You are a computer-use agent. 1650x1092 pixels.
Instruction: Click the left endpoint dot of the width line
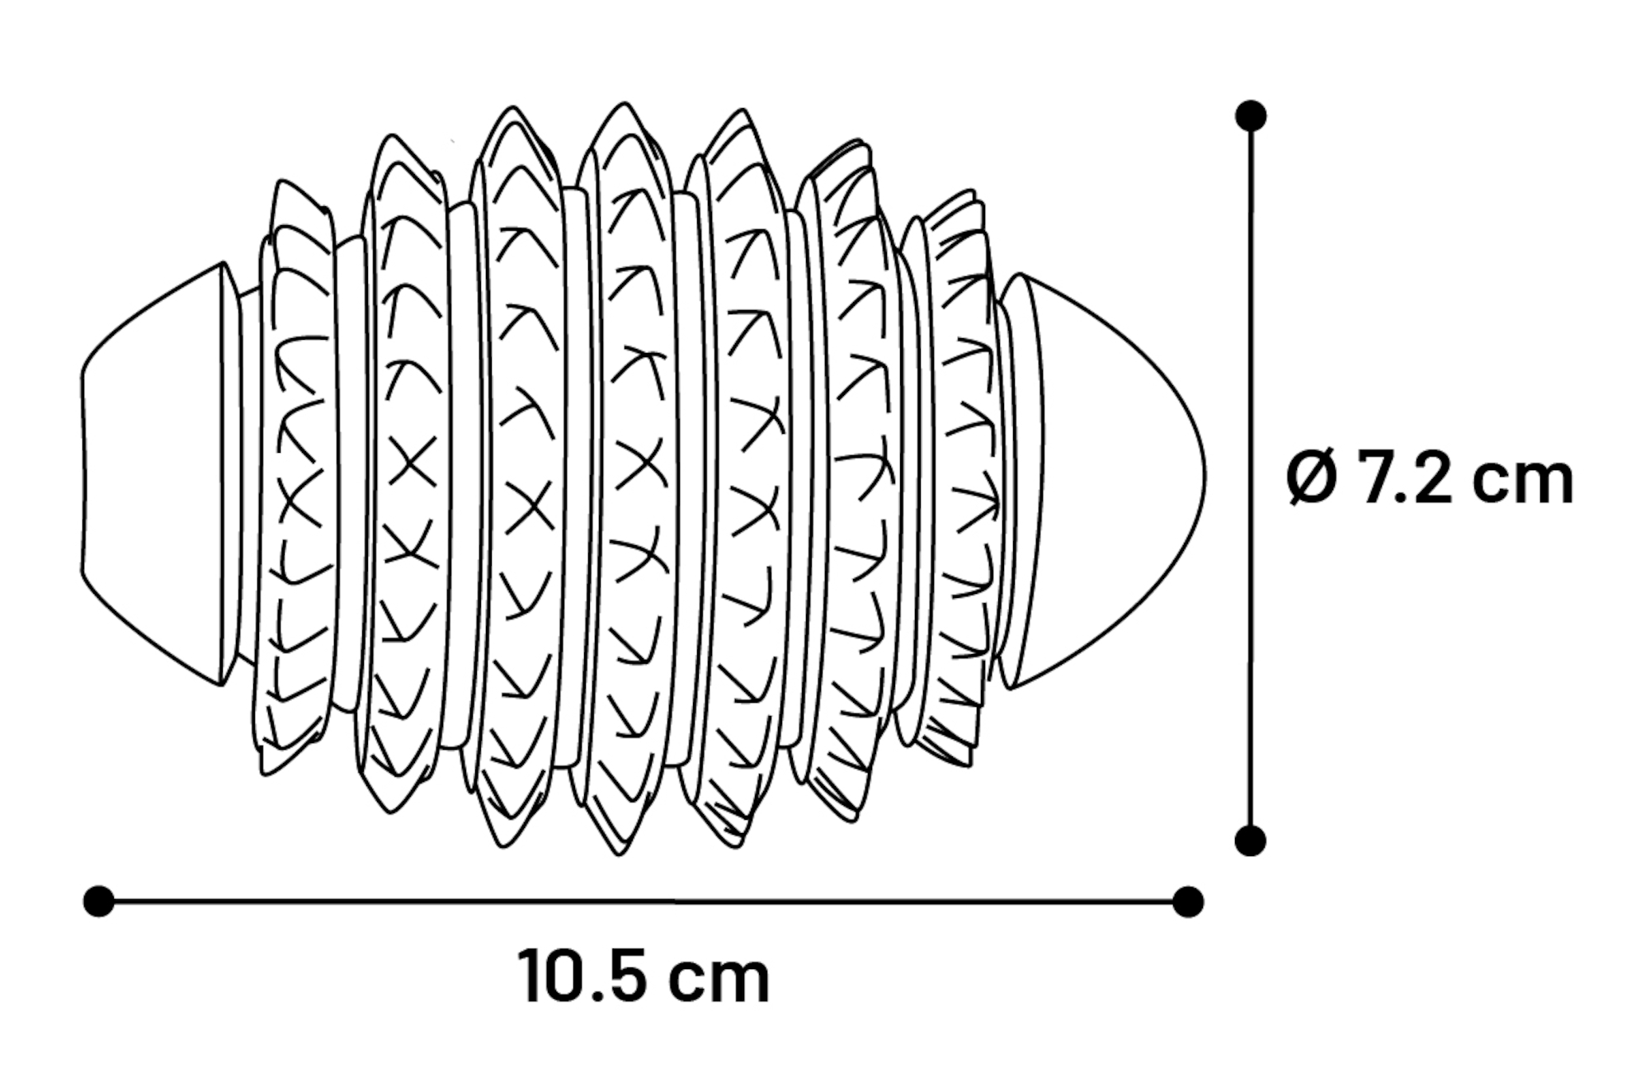pos(99,901)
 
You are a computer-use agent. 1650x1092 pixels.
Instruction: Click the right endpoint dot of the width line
pos(1188,901)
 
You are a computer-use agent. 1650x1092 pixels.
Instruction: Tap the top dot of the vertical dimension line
pos(1251,116)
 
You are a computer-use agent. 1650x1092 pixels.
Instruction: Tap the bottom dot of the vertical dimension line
pos(1251,840)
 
